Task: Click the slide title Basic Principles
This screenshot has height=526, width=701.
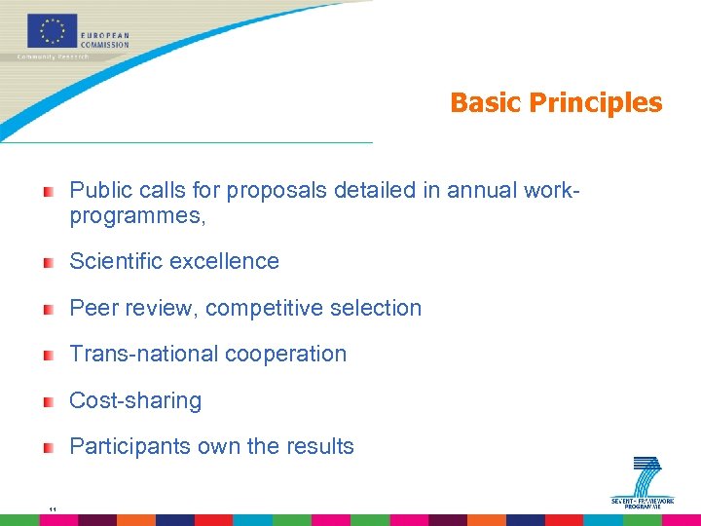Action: pos(555,103)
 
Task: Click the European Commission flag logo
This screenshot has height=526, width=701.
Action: pos(53,30)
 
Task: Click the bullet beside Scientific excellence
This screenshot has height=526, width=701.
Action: pos(48,262)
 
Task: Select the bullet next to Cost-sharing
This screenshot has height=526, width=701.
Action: pos(48,401)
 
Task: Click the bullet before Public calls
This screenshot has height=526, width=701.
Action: pos(48,191)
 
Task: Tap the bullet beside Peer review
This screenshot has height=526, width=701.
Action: pos(48,309)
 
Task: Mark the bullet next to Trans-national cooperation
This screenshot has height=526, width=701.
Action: pos(48,355)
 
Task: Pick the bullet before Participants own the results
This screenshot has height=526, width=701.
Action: pos(48,448)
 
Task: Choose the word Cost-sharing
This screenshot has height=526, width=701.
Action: pos(135,401)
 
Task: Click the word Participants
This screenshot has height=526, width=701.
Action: pos(129,447)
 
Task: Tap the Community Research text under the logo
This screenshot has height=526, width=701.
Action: pos(53,56)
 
